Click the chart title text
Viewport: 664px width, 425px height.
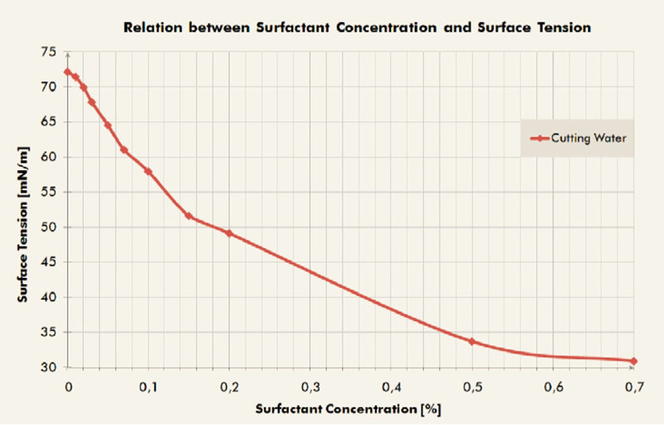point(357,27)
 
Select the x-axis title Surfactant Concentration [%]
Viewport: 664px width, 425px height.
point(347,410)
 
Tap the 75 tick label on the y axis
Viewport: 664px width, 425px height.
point(49,51)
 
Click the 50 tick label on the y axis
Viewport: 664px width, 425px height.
point(49,227)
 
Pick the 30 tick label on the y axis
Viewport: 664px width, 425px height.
point(49,368)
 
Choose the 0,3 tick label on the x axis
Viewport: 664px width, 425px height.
point(310,387)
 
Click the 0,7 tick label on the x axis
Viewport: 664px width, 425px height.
point(635,387)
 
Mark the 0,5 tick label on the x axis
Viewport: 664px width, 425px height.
point(472,387)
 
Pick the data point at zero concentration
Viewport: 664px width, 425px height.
point(67,71)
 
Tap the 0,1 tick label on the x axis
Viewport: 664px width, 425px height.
point(149,387)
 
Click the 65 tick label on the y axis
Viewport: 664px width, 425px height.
point(49,121)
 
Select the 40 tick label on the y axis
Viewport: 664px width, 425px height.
point(49,297)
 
